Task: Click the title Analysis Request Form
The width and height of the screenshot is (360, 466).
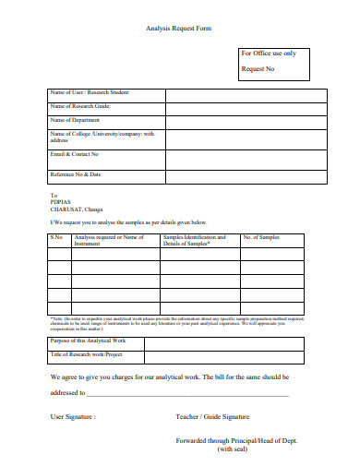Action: pos(179,29)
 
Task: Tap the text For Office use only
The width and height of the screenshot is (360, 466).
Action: pos(269,54)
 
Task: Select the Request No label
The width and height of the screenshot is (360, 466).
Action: pos(258,69)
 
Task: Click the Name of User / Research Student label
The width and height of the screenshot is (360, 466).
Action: pos(90,93)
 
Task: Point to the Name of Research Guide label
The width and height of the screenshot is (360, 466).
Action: pos(80,106)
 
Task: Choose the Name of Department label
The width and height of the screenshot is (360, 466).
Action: pos(77,120)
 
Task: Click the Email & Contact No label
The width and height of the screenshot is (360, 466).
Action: pos(75,154)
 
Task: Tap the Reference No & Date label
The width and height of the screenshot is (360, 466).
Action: pos(76,173)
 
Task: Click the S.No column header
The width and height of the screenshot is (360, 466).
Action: pos(56,238)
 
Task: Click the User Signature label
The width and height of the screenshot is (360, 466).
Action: pos(73,417)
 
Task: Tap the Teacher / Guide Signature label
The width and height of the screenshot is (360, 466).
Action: pos(212,417)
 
